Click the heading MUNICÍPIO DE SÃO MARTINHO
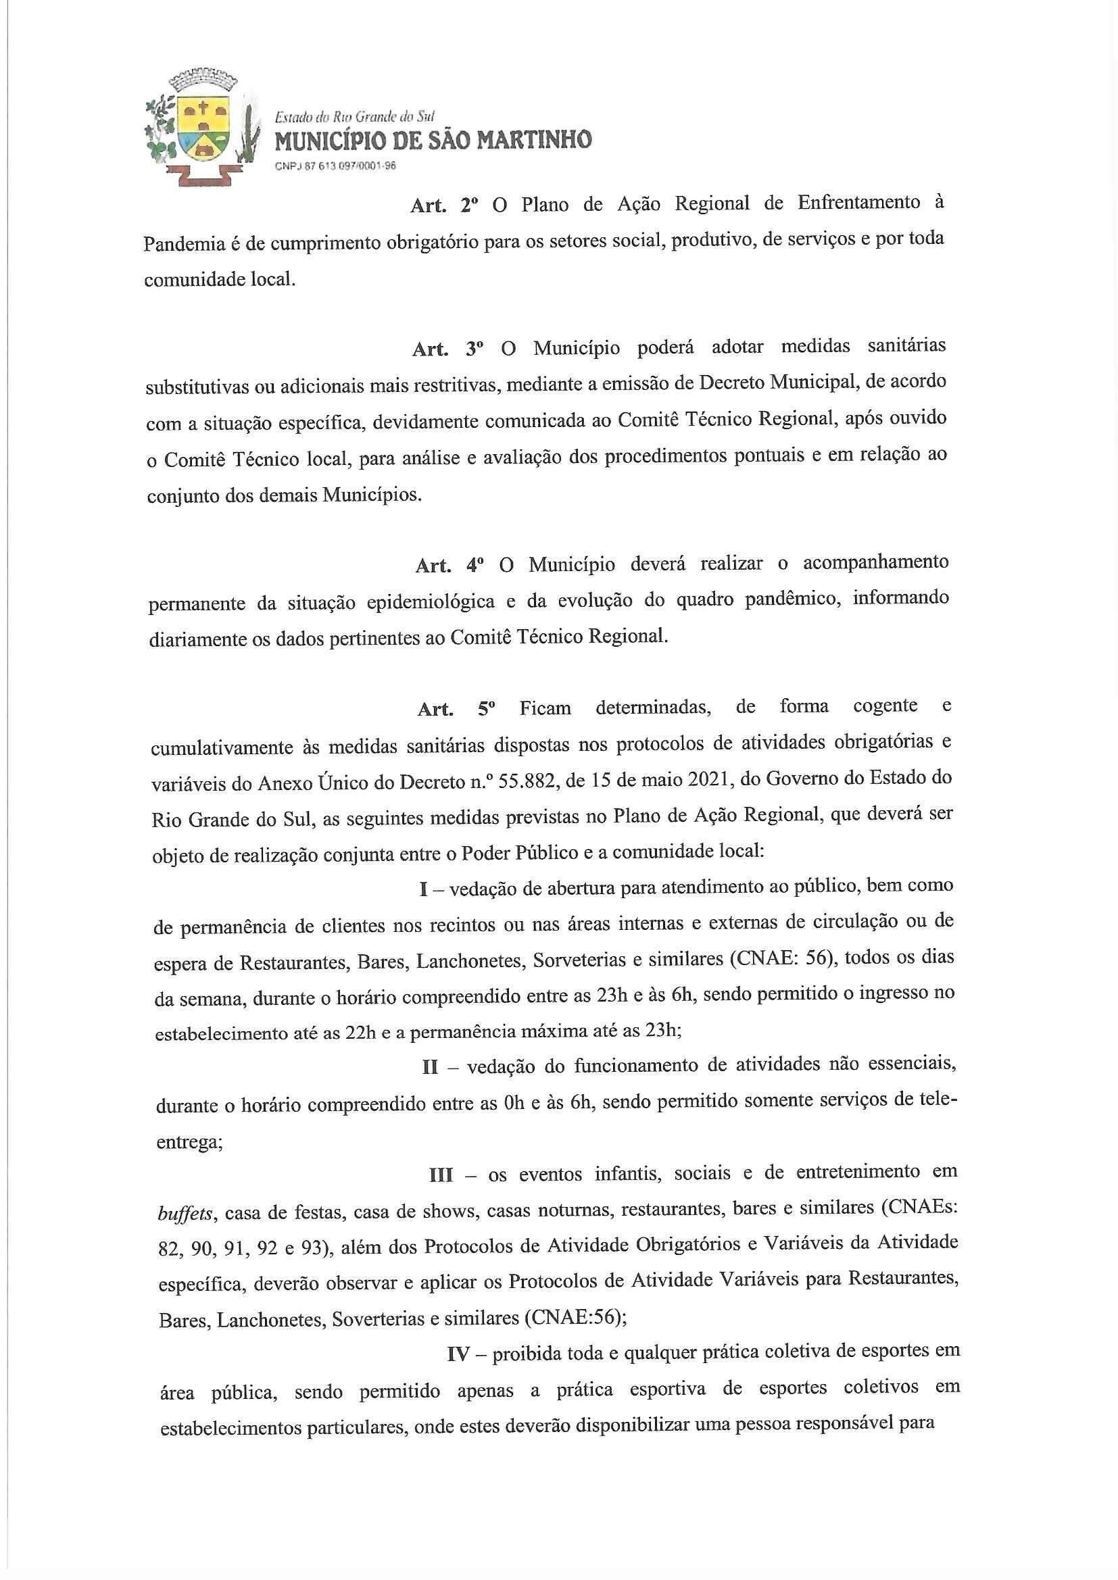[433, 141]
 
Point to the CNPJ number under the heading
[335, 165]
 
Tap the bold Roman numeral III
[441, 1175]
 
